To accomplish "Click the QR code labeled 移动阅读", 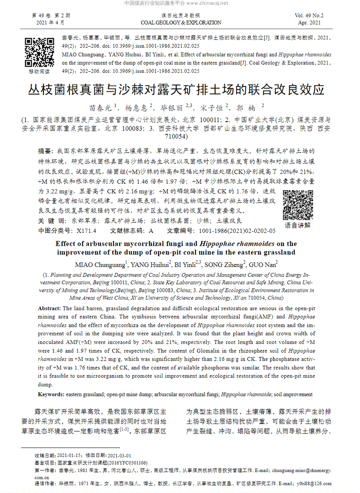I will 39,52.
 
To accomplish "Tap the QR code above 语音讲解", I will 298,205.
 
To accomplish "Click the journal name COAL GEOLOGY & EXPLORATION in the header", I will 181,23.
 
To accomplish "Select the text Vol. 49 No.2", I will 309,16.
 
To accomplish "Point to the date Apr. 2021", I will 309,23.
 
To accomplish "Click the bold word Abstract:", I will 49,308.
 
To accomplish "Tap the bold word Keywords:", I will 51,394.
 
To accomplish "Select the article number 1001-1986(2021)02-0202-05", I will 237,231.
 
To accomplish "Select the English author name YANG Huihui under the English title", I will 149,265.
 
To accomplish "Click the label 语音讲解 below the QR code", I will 297,225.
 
